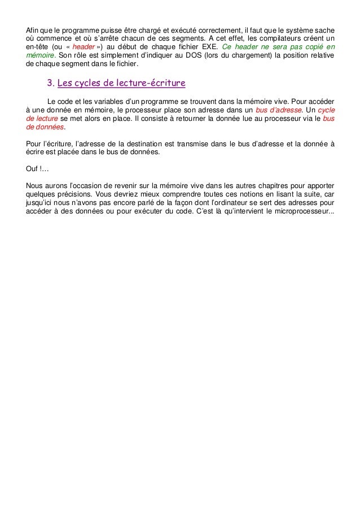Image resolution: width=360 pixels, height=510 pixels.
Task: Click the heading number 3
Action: coord(50,84)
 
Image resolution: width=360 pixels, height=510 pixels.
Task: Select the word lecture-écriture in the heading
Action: coord(152,84)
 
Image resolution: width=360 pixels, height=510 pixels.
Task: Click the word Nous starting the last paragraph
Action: coord(36,185)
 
